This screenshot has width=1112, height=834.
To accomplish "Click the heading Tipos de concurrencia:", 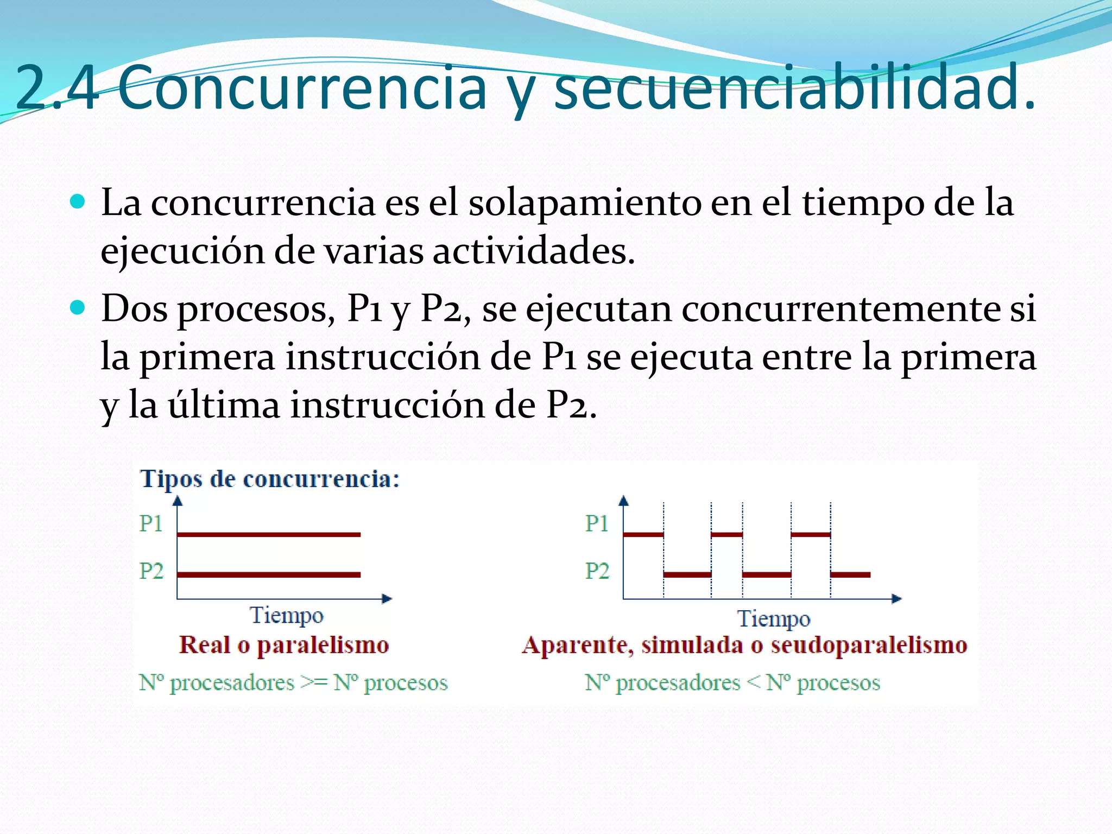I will (x=270, y=479).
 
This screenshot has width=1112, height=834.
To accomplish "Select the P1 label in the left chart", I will (x=151, y=523).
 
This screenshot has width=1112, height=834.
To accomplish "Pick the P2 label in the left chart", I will (x=151, y=571).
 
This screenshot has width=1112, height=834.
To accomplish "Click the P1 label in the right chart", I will (x=597, y=523).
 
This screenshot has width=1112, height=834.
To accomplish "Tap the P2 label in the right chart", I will (x=597, y=571).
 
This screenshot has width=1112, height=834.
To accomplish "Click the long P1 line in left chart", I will (x=269, y=535).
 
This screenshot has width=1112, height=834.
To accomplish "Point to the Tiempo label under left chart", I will (x=286, y=616).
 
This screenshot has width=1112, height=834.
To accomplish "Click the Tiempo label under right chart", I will (x=773, y=619).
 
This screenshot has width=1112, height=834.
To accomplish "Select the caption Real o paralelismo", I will (x=284, y=645).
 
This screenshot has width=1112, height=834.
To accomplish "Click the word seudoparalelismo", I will (x=869, y=645).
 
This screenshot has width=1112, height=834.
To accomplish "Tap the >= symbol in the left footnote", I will (x=314, y=683).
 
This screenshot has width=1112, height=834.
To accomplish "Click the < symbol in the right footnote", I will (x=753, y=683).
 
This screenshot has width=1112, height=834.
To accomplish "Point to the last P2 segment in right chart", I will (x=850, y=574).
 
